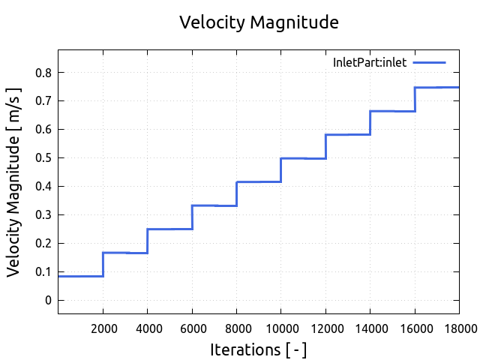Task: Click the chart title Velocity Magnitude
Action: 259,22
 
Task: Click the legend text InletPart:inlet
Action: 370,63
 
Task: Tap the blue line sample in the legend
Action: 429,62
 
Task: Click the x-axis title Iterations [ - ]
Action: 259,349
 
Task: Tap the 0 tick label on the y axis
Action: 49,301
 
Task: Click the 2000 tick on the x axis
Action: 103,327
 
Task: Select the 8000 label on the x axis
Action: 236,327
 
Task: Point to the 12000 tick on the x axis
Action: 325,327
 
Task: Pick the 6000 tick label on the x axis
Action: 192,327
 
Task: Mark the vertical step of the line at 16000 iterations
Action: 415,99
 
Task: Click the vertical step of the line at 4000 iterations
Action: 148,241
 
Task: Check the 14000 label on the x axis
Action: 370,327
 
